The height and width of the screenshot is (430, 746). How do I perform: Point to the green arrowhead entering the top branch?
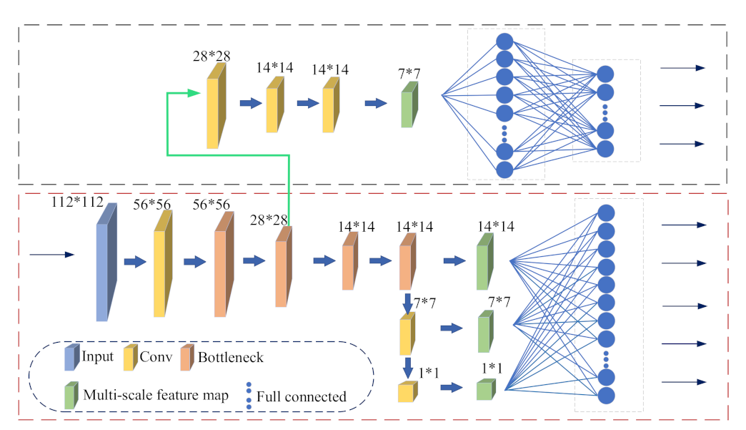point(193,93)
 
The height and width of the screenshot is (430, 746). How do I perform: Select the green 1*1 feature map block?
point(486,389)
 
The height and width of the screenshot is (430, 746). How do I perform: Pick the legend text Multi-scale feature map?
point(156,395)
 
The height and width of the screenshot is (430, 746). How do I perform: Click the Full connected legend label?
point(301,396)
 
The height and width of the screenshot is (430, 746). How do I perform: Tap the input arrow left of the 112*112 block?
point(51,254)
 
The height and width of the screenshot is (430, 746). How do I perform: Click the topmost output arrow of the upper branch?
point(682,68)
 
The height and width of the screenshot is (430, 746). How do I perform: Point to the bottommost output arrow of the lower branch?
point(682,382)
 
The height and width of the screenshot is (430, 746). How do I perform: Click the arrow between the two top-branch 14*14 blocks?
point(307,104)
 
